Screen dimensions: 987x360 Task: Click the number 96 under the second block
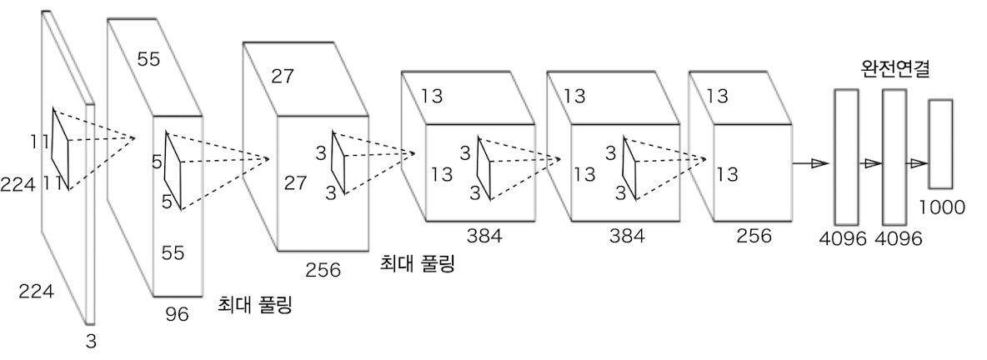177,314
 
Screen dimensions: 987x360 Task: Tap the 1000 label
942,207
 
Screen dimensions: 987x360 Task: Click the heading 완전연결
895,69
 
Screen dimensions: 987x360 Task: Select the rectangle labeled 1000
940,143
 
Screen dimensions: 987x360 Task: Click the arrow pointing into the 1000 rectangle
917,163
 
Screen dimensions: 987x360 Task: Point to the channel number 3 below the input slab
91,341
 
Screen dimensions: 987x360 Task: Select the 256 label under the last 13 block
754,236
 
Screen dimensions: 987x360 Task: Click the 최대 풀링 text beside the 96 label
256,305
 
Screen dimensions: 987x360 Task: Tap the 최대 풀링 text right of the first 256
417,262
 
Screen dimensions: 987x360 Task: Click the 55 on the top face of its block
148,60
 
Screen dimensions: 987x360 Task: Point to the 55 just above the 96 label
173,252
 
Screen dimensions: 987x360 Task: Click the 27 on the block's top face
283,76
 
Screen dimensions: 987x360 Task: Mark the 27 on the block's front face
296,183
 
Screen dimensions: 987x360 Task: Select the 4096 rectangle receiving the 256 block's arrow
846,157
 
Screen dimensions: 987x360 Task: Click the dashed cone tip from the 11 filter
136,137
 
